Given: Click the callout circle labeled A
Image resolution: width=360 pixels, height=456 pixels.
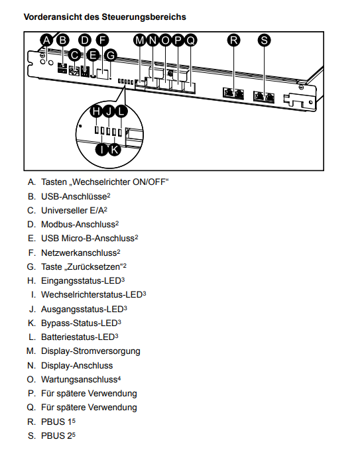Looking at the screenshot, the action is pyautogui.click(x=46, y=40).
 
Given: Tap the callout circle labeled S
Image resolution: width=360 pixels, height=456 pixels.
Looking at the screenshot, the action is pyautogui.click(x=264, y=40).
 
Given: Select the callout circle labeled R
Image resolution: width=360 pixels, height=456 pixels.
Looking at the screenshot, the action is pyautogui.click(x=234, y=40).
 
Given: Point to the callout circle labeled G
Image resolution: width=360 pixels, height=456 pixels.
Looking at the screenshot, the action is pyautogui.click(x=111, y=55).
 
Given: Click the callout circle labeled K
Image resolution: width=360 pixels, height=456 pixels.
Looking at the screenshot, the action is pyautogui.click(x=114, y=150).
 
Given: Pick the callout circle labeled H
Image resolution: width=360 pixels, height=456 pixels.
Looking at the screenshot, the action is pyautogui.click(x=96, y=111).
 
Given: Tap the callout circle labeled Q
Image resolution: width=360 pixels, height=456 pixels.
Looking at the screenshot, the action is pyautogui.click(x=190, y=40).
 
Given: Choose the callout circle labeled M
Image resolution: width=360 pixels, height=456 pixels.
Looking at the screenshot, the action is pyautogui.click(x=140, y=40).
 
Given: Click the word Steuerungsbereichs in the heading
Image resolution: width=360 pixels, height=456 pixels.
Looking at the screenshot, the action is pyautogui.click(x=144, y=17).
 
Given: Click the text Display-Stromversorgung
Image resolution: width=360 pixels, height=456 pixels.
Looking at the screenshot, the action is pyautogui.click(x=91, y=351).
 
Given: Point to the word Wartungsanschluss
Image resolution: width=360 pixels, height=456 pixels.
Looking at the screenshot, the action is pyautogui.click(x=79, y=379).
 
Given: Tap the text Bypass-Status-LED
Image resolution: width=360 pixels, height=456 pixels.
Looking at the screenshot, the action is pyautogui.click(x=79, y=323).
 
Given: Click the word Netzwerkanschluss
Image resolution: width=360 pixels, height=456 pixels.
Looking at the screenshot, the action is pyautogui.click(x=79, y=253).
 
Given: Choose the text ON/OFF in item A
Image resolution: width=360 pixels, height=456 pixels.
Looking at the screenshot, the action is pyautogui.click(x=149, y=182).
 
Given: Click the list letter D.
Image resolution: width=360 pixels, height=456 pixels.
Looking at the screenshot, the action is pyautogui.click(x=31, y=224).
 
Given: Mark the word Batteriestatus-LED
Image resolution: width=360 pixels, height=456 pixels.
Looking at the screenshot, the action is pyautogui.click(x=78, y=337).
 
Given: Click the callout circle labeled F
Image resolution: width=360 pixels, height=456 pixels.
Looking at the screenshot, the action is pyautogui.click(x=102, y=40).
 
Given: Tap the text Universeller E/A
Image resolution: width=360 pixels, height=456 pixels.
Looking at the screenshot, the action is pyautogui.click(x=72, y=210).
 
